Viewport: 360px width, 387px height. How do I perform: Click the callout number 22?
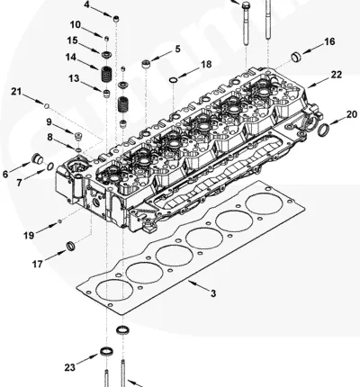(x=336, y=75)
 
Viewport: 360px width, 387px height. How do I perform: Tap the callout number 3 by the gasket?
(x=213, y=293)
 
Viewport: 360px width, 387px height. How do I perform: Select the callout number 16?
(x=329, y=41)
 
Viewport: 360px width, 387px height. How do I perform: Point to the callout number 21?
(x=16, y=91)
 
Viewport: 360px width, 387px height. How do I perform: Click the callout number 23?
(x=70, y=367)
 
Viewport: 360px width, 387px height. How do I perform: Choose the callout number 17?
(x=38, y=264)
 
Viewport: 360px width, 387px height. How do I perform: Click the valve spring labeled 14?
(x=106, y=74)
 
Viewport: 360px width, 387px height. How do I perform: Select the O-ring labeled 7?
(x=50, y=166)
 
